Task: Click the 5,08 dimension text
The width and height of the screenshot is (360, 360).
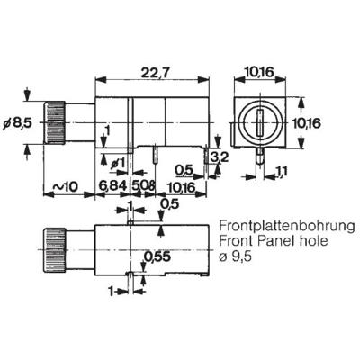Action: tap(143, 185)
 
